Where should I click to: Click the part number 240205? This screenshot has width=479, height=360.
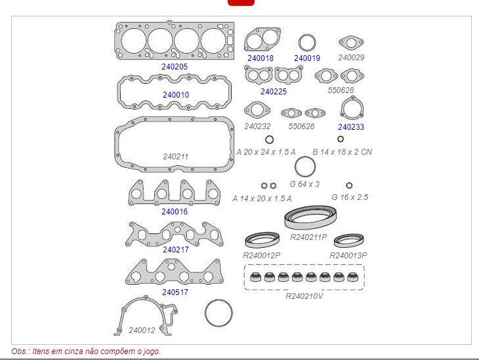(175, 67)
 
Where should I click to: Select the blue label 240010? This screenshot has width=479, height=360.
(176, 95)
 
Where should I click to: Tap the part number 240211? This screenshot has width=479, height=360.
(175, 157)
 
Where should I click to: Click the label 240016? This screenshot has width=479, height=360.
(175, 212)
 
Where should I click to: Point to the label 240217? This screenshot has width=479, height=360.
(176, 250)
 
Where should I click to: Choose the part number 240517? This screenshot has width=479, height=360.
(175, 292)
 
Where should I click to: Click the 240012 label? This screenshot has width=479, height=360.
(142, 330)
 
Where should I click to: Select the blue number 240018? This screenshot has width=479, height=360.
(260, 58)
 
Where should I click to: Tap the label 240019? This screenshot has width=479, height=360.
(307, 58)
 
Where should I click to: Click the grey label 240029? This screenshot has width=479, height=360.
(351, 58)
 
